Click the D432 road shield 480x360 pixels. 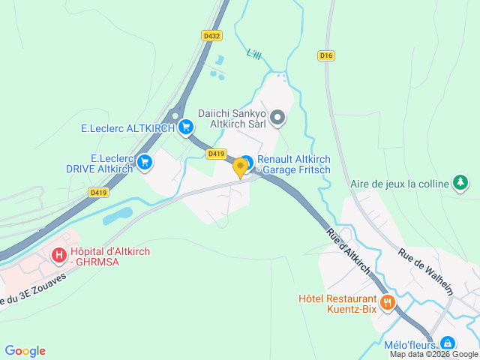tap(211, 35)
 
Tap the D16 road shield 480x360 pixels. tap(325, 55)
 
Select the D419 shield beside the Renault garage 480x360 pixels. tap(217, 154)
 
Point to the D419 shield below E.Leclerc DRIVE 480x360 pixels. tap(97, 193)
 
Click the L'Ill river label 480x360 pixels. tap(254, 55)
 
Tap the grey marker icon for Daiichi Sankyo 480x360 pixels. tap(277, 117)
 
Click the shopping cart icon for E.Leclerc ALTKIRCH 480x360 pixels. tap(184, 128)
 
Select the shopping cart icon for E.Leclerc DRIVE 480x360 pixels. tap(145, 162)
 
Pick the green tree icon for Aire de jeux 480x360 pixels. tap(460, 182)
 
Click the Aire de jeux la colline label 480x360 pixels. tap(400, 183)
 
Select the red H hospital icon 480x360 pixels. tap(58, 256)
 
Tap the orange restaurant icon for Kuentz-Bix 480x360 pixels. tap(388, 303)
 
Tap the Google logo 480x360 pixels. tap(25, 351)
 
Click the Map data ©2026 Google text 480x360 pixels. tap(433, 355)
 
